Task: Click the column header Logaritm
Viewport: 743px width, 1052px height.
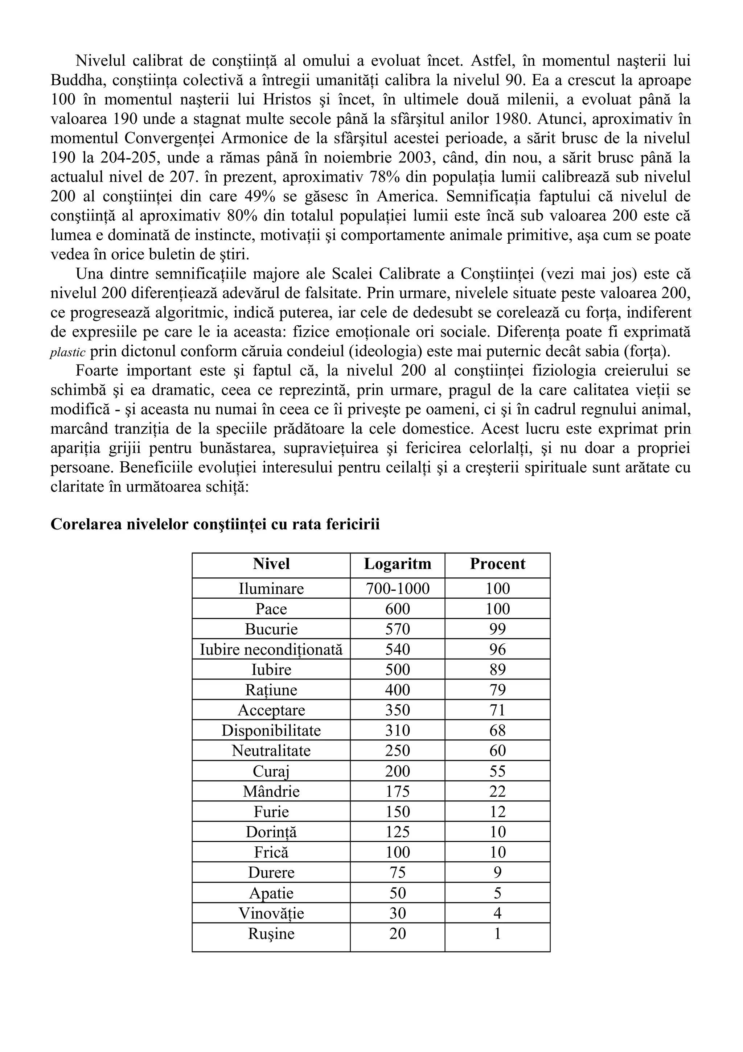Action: (397, 564)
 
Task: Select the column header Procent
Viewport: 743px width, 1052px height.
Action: (497, 564)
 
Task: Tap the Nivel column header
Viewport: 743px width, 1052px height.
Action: (271, 564)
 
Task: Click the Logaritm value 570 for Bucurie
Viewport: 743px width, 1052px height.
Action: (397, 630)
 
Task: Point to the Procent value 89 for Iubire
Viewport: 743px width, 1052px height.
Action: (497, 670)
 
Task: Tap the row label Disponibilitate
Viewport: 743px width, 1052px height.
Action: (271, 731)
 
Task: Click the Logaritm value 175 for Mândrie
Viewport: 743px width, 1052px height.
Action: (397, 792)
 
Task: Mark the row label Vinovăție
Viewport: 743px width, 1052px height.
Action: (271, 913)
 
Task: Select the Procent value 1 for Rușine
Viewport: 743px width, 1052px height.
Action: (497, 934)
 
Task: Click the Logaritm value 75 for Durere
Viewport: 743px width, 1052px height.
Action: (397, 873)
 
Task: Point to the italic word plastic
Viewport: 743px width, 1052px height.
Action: (67, 353)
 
